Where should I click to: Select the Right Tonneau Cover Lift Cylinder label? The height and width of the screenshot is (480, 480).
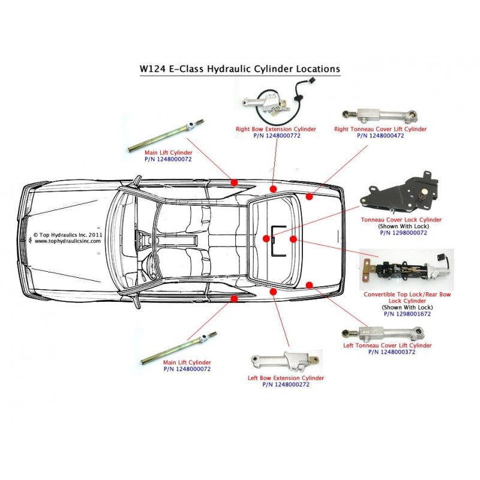380,129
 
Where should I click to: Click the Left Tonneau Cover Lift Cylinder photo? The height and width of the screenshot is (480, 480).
379,332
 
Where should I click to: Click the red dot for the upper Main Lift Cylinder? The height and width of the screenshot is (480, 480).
234,181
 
